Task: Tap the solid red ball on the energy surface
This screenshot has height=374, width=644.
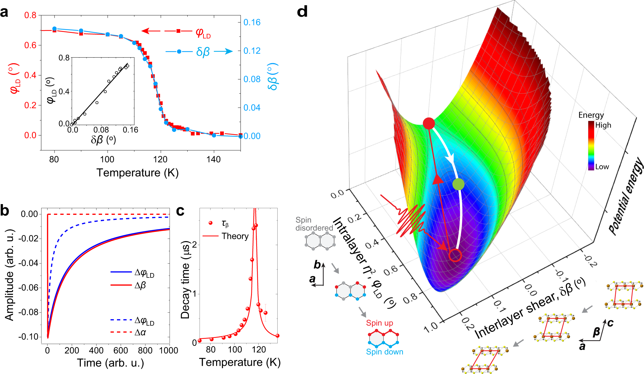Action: click(429, 123)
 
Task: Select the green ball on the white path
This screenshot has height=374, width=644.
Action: click(458, 184)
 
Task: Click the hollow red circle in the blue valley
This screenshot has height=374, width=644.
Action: click(455, 255)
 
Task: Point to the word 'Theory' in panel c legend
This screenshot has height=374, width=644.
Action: click(235, 236)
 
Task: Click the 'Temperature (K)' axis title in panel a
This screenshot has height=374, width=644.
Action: click(138, 173)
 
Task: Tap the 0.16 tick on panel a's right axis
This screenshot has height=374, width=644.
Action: click(252, 22)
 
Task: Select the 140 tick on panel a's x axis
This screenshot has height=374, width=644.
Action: click(214, 159)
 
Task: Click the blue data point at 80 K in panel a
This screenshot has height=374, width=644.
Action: click(54, 29)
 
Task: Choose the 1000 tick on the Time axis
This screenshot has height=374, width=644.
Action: click(169, 351)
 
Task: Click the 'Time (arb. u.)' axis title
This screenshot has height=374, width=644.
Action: click(110, 363)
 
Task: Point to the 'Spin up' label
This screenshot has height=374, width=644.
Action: click(379, 323)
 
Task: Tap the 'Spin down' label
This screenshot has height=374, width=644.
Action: click(384, 352)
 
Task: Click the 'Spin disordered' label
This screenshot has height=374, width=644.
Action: click(314, 224)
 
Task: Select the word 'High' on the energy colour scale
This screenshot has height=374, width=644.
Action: click(603, 125)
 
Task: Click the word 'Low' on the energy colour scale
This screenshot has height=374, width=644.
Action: click(602, 167)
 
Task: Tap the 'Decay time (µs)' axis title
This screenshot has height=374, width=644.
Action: click(185, 280)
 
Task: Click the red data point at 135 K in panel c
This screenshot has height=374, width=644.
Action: click(277, 336)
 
